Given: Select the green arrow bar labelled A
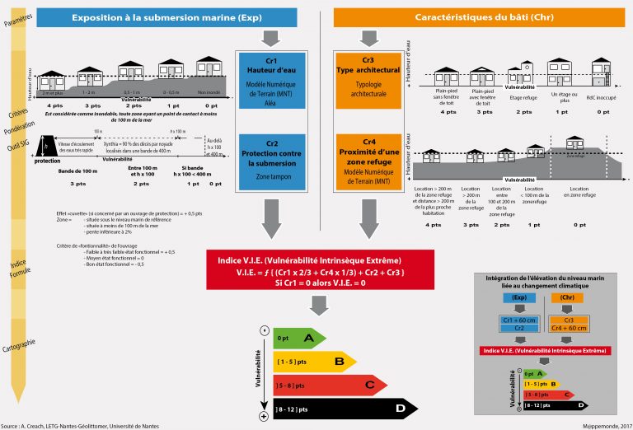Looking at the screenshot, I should pos(298,338).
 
